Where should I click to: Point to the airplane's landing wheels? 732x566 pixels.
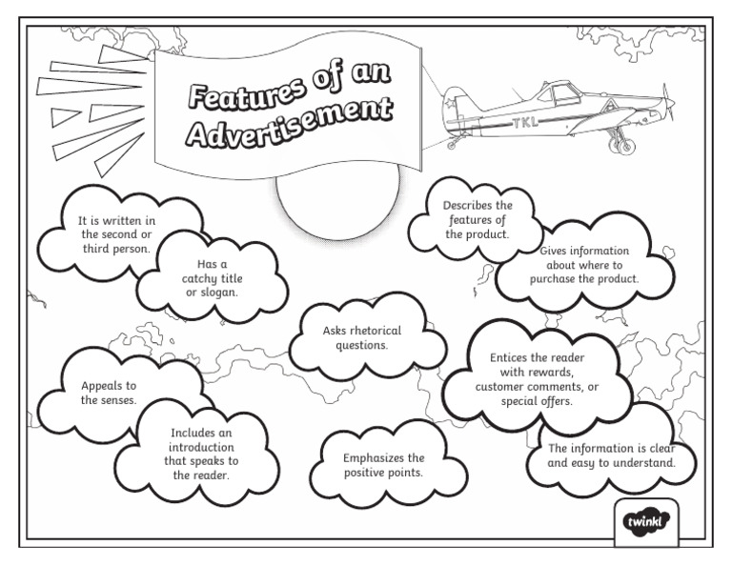621,146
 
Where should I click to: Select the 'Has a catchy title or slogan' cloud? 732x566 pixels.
212,277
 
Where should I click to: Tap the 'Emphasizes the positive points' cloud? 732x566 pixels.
383,465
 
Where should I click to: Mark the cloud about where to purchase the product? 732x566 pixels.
583,266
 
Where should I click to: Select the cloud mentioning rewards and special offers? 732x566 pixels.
537,379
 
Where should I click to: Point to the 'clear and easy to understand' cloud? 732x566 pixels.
611,456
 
